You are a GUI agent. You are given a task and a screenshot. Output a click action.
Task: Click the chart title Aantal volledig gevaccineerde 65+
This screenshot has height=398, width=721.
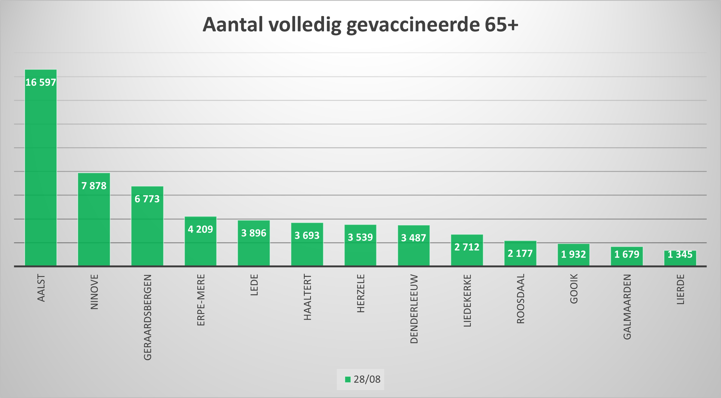[x=360, y=25]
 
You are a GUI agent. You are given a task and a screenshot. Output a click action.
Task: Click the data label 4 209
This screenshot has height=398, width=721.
[x=200, y=229]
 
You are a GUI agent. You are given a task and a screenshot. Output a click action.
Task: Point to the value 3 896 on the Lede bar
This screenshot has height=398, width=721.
[x=253, y=233]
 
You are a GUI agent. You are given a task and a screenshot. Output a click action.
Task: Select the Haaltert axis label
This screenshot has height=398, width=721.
[x=307, y=297]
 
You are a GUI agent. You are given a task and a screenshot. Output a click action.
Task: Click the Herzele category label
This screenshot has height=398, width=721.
[x=361, y=293]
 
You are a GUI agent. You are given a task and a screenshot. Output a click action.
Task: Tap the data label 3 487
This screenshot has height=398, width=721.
[x=413, y=238]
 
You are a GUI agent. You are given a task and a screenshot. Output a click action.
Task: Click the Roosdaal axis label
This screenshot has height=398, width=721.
[x=520, y=299]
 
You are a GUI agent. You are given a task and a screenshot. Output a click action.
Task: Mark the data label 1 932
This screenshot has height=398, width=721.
[x=573, y=254]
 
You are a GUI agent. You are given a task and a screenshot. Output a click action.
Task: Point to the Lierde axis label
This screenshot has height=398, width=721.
[x=680, y=289]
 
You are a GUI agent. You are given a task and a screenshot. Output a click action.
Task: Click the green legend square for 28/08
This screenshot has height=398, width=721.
[x=348, y=379]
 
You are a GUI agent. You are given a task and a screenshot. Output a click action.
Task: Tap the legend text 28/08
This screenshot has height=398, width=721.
[x=367, y=379]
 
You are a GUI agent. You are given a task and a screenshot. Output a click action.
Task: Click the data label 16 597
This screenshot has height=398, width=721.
[x=41, y=82]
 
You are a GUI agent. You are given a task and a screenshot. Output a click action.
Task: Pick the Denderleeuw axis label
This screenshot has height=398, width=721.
[x=414, y=309]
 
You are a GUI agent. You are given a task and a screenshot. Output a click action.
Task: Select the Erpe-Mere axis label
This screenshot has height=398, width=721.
[x=201, y=300]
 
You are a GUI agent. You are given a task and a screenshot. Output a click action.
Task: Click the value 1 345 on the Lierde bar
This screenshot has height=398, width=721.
[x=680, y=255]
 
